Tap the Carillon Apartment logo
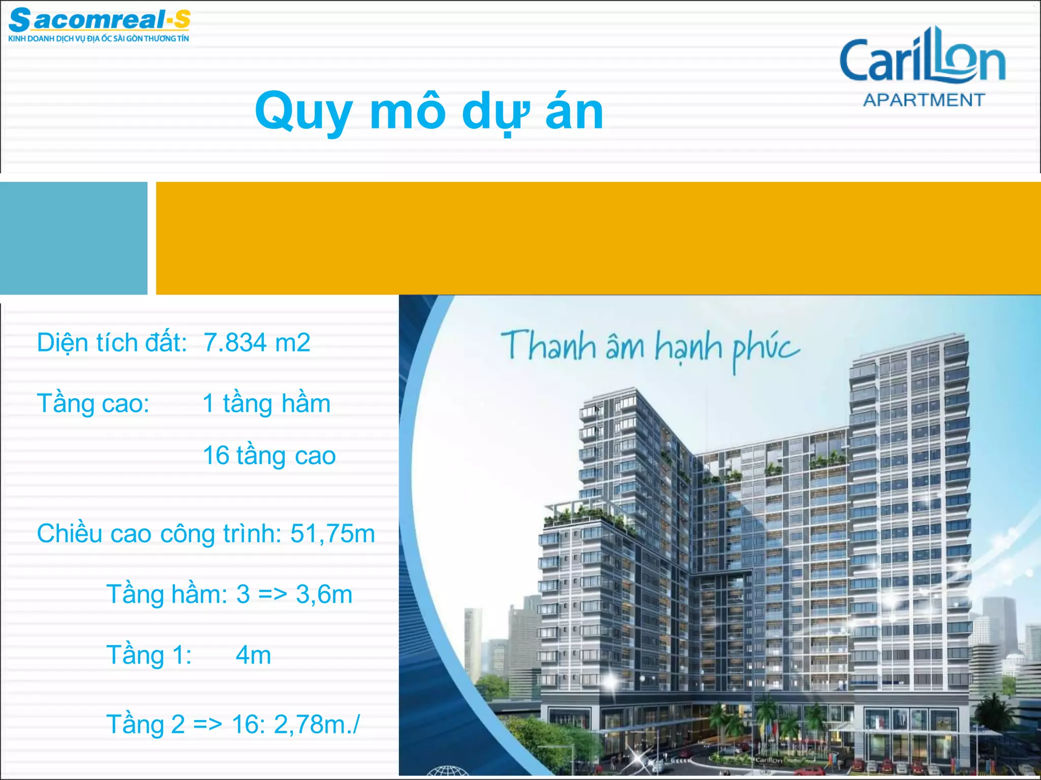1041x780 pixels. pyautogui.click(x=923, y=66)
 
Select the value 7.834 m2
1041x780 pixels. pyautogui.click(x=257, y=342)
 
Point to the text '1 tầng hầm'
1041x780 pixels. pyautogui.click(x=266, y=404)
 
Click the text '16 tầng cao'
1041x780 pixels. pyautogui.click(x=269, y=456)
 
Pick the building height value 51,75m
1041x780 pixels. pyautogui.click(x=332, y=534)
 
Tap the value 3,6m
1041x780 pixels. pyautogui.click(x=324, y=594)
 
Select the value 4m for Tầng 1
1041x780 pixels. pyautogui.click(x=253, y=655)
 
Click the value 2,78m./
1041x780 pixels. pyautogui.click(x=317, y=724)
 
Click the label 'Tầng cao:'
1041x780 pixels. pyautogui.click(x=93, y=404)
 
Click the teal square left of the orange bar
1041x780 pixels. pyautogui.click(x=73, y=238)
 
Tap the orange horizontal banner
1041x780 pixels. pyautogui.click(x=598, y=238)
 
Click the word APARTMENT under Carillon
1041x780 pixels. pyautogui.click(x=924, y=100)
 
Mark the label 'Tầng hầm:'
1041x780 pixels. pyautogui.click(x=167, y=594)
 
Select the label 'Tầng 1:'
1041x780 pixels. pyautogui.click(x=149, y=655)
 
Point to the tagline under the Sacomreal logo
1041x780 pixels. pyautogui.click(x=99, y=39)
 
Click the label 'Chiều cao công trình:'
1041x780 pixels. pyautogui.click(x=159, y=534)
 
